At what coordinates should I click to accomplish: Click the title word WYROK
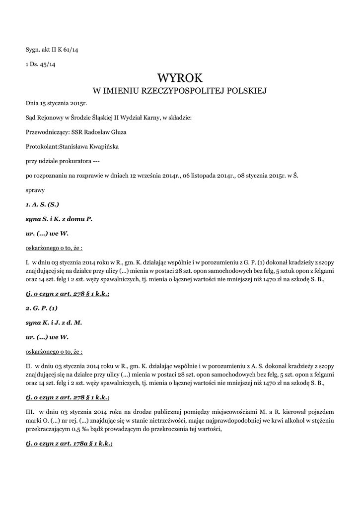[180, 78]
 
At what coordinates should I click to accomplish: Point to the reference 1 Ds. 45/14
[40, 63]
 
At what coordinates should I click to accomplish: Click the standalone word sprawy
[35, 190]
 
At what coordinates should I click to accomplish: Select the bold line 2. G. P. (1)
[42, 308]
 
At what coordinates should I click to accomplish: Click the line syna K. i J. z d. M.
[54, 322]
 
